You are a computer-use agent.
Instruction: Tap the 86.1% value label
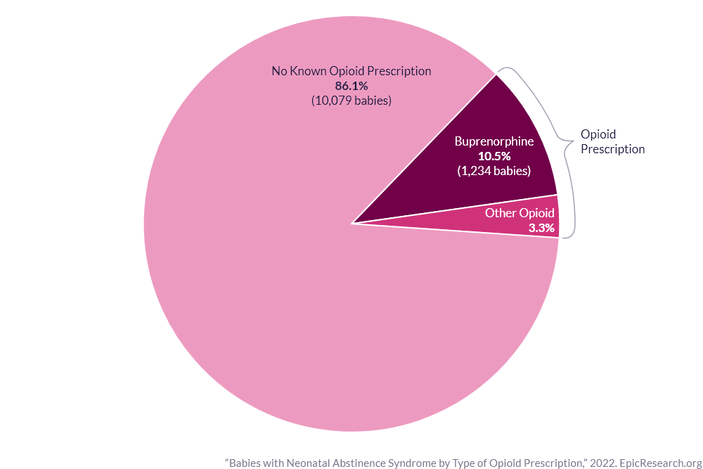coord(351,86)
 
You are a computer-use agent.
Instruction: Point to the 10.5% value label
coord(494,156)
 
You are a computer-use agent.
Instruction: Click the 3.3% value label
coord(541,228)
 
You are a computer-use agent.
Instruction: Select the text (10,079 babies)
coord(351,101)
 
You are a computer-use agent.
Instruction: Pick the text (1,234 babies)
coord(494,171)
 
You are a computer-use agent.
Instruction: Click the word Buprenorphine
coord(494,141)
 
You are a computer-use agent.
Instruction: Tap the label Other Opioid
coord(520,213)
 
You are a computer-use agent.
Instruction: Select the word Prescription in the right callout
coord(612,149)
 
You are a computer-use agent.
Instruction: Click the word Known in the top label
coord(307,71)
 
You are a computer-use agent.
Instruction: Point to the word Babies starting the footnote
coord(245,463)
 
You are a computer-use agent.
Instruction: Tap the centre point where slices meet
coord(351,224)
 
